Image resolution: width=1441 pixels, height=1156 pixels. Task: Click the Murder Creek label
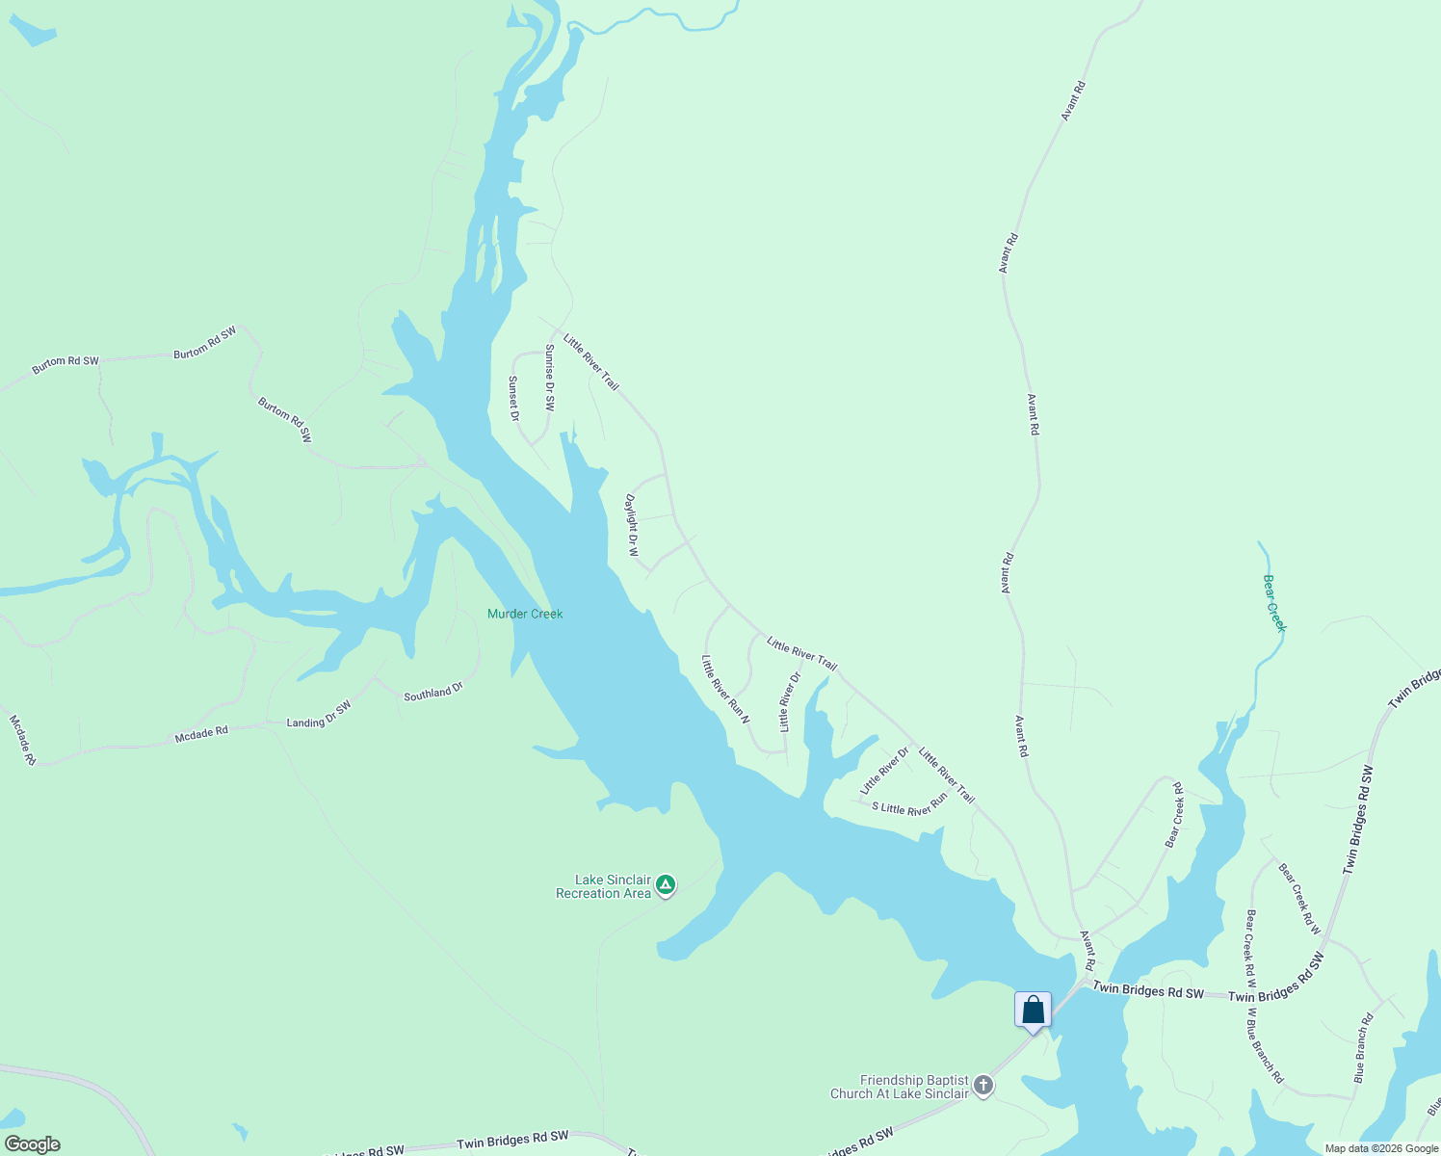pyautogui.click(x=525, y=614)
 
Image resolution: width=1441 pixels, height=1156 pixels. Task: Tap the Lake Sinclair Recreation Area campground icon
pyautogui.click(x=665, y=884)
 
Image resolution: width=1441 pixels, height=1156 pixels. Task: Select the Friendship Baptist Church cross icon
pyautogui.click(x=982, y=1086)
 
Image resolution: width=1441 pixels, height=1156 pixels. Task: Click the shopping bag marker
pyautogui.click(x=1033, y=1010)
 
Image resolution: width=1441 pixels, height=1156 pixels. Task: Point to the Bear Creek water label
pyautogui.click(x=1274, y=603)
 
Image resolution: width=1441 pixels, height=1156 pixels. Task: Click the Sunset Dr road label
pyautogui.click(x=513, y=398)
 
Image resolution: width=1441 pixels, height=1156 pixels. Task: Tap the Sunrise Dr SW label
pyautogui.click(x=549, y=378)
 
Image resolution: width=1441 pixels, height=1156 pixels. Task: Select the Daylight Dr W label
pyautogui.click(x=632, y=525)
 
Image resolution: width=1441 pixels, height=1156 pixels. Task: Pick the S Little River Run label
pyautogui.click(x=909, y=808)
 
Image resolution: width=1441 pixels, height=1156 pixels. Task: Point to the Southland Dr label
pyautogui.click(x=432, y=692)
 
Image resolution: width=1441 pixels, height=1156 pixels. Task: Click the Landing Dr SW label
pyautogui.click(x=319, y=715)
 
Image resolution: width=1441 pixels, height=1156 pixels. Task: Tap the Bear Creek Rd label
pyautogui.click(x=1174, y=815)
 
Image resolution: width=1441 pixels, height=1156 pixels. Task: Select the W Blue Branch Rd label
pyautogui.click(x=1265, y=1045)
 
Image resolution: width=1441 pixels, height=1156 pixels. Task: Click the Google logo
pyautogui.click(x=33, y=1144)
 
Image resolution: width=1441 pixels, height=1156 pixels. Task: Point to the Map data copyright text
pyautogui.click(x=1380, y=1148)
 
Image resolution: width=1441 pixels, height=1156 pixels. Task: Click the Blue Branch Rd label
pyautogui.click(x=1363, y=1048)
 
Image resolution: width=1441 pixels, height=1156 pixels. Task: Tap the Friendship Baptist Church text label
pyautogui.click(x=900, y=1087)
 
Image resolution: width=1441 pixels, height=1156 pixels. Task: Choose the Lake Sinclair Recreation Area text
pyautogui.click(x=603, y=886)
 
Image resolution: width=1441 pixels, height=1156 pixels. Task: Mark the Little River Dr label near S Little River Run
pyautogui.click(x=884, y=771)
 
